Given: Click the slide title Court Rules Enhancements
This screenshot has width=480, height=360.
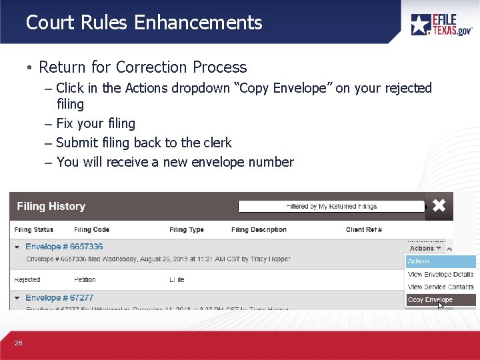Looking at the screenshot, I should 144,23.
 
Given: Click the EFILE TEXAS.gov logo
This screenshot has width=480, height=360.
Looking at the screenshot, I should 441,25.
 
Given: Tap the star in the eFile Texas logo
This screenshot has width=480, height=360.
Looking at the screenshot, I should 421,25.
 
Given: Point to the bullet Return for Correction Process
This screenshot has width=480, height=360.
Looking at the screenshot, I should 143,67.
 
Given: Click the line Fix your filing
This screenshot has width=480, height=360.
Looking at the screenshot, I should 96,123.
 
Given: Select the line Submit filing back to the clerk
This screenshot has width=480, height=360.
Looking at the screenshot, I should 144,143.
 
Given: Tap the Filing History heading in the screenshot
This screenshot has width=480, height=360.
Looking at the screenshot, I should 51,207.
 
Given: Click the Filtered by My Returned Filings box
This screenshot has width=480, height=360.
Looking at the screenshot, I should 331,207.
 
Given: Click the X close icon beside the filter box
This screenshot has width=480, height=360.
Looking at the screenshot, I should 439,206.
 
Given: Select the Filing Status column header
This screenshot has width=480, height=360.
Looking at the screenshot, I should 34,230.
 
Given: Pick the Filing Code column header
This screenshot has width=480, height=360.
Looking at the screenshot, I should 93,230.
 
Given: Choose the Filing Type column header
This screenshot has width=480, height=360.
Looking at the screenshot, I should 187,230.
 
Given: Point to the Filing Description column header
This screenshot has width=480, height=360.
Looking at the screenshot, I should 259,230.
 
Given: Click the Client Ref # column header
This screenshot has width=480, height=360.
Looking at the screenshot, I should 364,230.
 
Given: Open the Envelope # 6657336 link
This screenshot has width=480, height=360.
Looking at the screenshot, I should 64,247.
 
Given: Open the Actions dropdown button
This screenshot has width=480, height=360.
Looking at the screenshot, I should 425,248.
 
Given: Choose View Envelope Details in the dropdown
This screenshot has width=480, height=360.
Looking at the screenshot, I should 440,274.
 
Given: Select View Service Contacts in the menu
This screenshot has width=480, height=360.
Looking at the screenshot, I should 441,287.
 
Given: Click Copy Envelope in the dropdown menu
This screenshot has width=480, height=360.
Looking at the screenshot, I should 430,300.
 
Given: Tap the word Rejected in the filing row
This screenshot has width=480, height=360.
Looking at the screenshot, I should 27,280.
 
